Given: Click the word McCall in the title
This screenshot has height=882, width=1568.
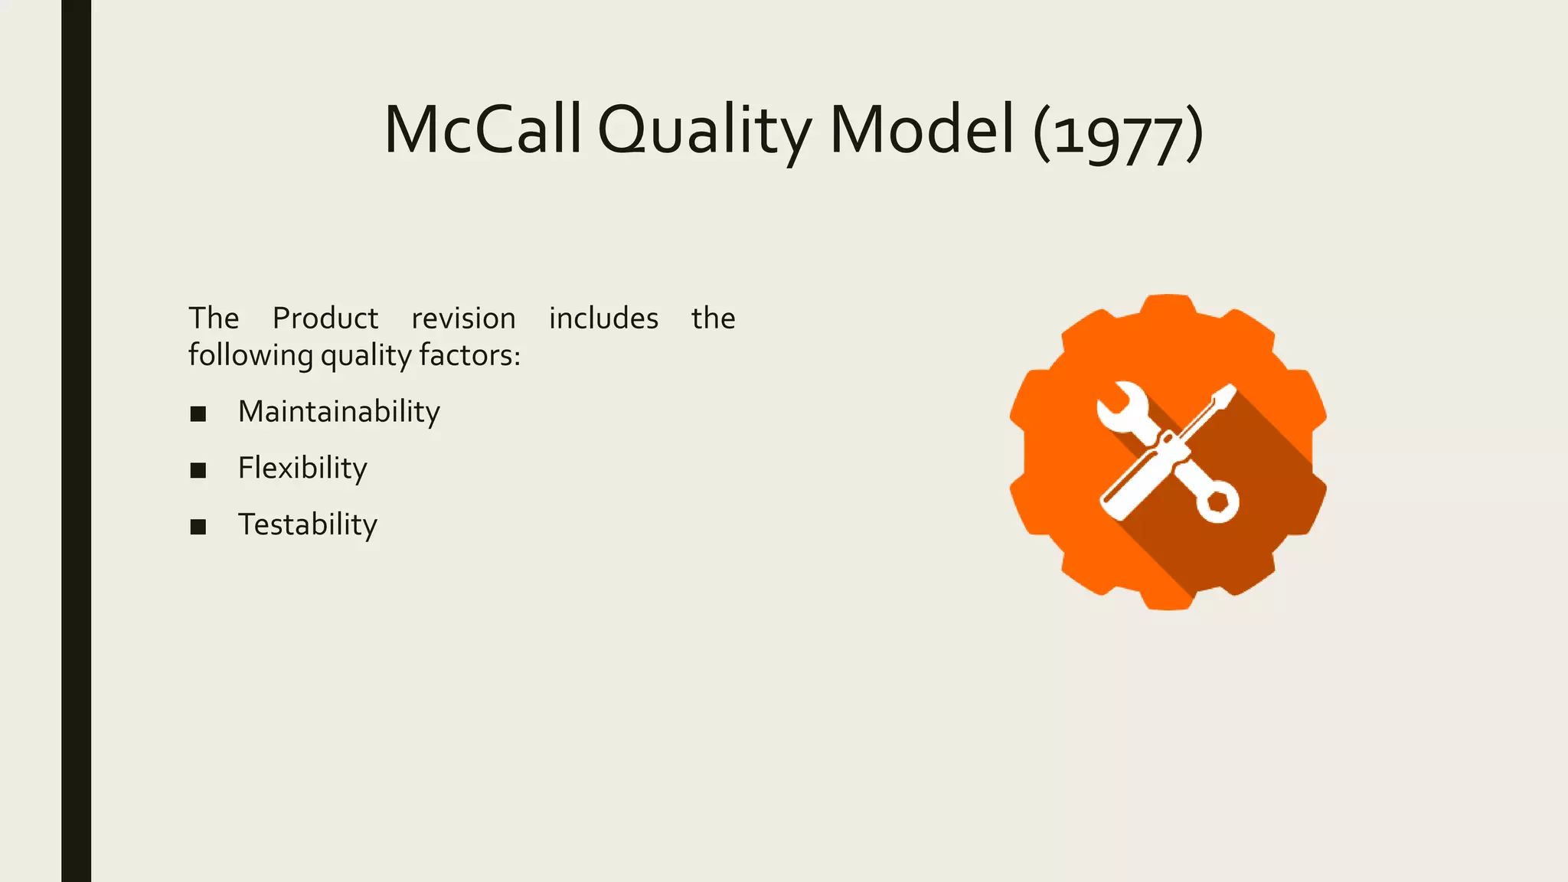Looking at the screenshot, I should tap(482, 130).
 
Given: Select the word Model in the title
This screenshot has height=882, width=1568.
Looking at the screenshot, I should tap(922, 130).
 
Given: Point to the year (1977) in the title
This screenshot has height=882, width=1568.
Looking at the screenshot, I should tap(1118, 134).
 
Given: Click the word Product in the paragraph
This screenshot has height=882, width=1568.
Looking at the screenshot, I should tap(325, 318).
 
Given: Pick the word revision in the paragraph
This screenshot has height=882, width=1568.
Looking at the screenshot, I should tap(463, 318).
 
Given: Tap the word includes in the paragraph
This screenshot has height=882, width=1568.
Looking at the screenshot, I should tap(603, 318).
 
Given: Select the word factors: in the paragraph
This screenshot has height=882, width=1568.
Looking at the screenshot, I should tap(470, 355).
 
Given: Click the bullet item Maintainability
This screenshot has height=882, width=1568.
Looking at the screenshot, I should tap(338, 412).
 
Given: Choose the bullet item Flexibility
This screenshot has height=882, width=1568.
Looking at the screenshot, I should tap(302, 468).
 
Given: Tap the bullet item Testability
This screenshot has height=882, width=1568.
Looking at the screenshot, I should tap(307, 524).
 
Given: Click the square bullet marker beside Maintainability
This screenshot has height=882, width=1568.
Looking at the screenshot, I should tap(198, 414).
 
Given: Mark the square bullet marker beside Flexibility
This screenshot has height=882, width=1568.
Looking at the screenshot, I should tap(198, 470).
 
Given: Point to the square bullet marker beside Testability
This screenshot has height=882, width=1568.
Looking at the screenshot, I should tap(198, 527).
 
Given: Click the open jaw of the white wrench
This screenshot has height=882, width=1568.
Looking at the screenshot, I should tap(1119, 406).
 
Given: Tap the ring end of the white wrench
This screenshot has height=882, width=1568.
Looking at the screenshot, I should tap(1217, 502).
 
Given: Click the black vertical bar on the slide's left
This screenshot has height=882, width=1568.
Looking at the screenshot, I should tap(76, 441).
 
